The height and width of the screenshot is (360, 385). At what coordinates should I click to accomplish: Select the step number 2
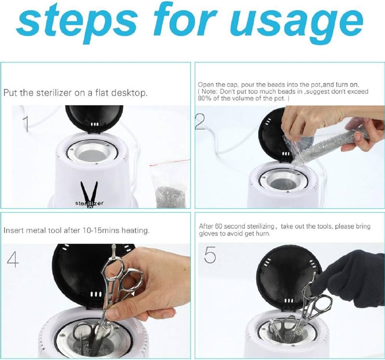200,122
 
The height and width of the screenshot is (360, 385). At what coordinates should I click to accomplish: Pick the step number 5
210,255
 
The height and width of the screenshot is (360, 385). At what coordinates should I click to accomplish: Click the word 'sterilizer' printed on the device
89,203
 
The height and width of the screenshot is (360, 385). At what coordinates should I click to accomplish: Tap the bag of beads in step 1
169,184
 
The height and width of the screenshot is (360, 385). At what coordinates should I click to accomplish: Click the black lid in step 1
94,119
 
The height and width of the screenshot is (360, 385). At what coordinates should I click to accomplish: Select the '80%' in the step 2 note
203,99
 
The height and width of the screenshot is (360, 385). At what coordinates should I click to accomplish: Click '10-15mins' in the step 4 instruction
101,231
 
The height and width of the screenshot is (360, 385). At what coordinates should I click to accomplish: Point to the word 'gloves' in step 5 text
207,234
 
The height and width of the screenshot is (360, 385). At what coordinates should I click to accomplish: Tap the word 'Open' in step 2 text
205,85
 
